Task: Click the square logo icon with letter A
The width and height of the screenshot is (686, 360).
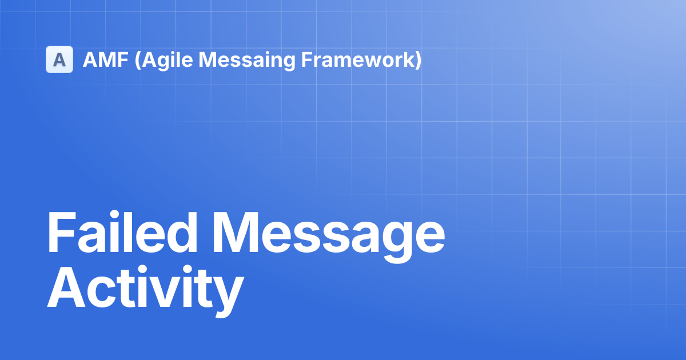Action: point(59,59)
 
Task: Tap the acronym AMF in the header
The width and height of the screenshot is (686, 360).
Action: point(106,59)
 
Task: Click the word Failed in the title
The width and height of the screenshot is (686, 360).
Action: point(122,232)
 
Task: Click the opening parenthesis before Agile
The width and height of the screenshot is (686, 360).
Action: point(138,61)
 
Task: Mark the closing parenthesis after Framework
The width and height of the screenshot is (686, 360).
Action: point(418,61)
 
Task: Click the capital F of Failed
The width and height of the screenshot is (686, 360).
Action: point(62,232)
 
